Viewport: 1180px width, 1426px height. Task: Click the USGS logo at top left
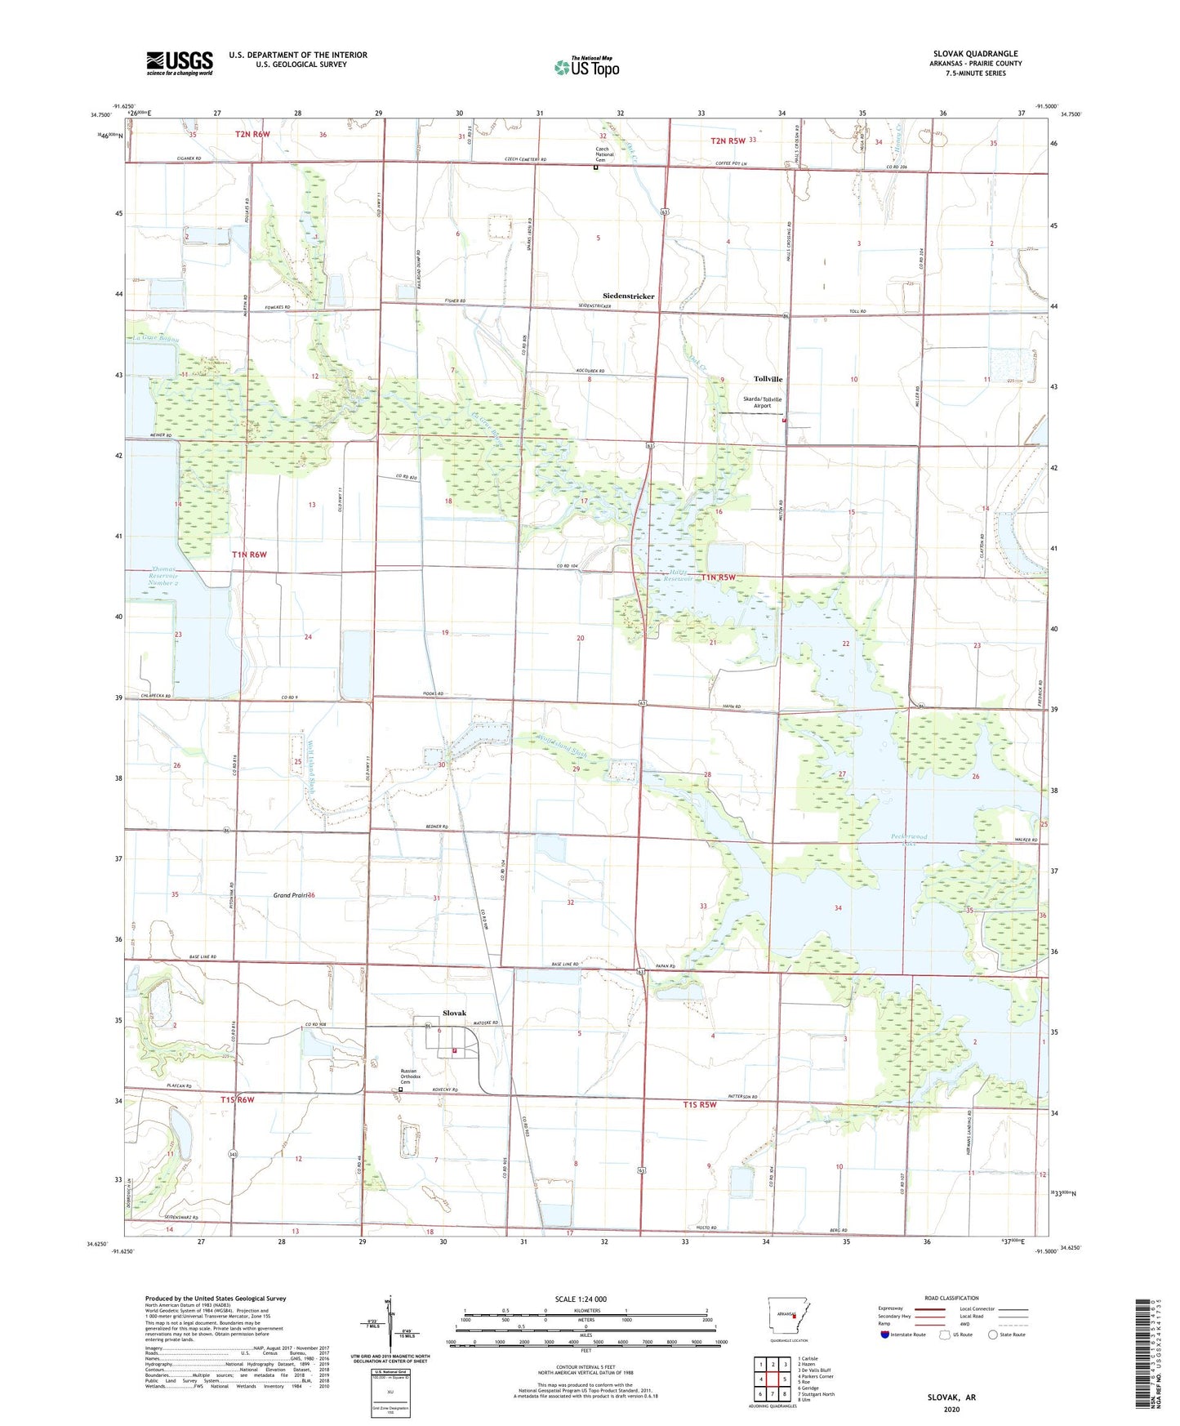coord(180,63)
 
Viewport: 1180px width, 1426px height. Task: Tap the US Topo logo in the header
coord(586,67)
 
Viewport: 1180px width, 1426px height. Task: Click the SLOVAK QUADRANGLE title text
coord(975,54)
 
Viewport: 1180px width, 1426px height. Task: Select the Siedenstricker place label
coord(628,296)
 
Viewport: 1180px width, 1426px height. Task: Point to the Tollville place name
coord(768,379)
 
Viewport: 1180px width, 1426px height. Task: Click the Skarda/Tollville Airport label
coord(762,403)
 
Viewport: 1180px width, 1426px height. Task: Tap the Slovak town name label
coord(454,1013)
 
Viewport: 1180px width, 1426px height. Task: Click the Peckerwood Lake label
coord(909,839)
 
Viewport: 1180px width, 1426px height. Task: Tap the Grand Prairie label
coord(293,895)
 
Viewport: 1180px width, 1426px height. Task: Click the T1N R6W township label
coord(249,555)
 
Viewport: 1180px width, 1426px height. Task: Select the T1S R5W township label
coord(699,1104)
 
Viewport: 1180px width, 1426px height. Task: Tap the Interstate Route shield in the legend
coord(885,1335)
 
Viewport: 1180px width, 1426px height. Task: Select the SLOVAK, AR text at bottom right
coord(951,1397)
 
